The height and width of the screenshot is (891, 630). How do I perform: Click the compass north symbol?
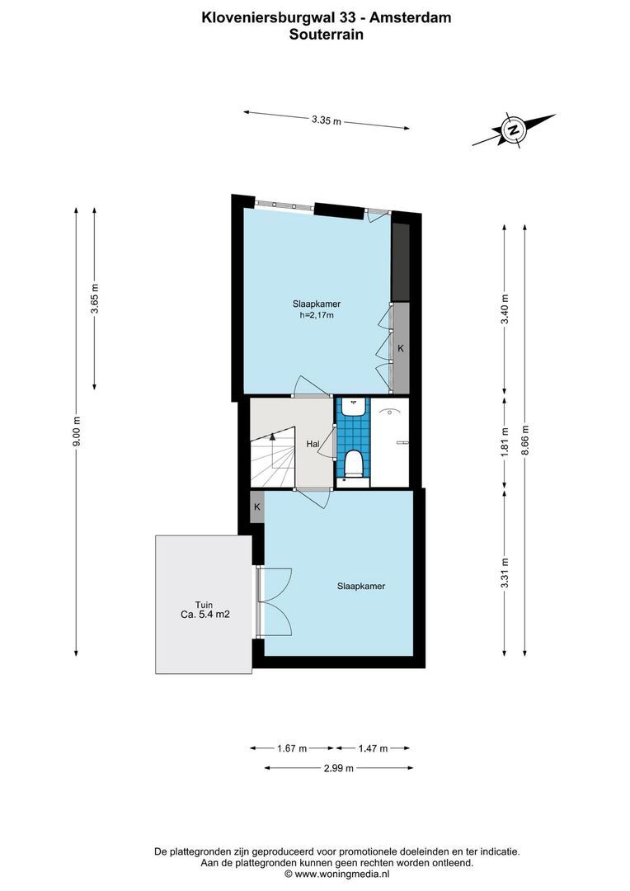coord(513,130)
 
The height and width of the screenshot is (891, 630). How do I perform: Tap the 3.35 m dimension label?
coord(327,120)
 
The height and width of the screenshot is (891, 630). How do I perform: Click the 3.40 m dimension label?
coord(505,309)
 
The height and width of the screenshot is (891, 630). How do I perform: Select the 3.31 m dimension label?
coord(505,571)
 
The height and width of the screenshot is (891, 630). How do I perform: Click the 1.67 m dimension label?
coord(292,748)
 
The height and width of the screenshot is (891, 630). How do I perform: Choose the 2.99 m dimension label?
coord(338,768)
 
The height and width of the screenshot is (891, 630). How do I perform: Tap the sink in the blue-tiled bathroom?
coord(353,406)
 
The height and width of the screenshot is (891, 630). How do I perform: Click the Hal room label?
coord(313,444)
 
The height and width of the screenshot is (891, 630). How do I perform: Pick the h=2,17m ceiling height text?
coord(316,314)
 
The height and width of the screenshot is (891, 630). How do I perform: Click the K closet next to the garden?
coord(257,507)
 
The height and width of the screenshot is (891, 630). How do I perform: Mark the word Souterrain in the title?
coord(326,35)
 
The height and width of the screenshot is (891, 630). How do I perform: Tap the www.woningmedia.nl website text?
coord(336,873)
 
